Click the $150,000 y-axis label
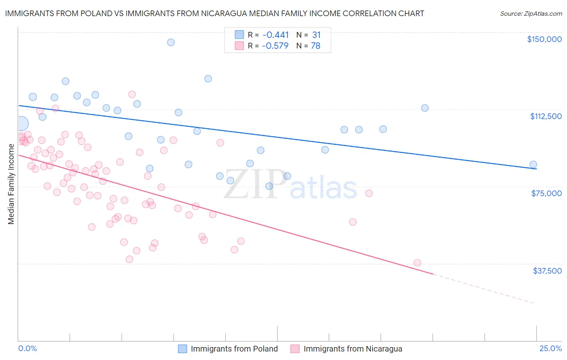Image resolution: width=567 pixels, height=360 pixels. (544, 39)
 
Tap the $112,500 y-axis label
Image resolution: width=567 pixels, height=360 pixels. (546, 116)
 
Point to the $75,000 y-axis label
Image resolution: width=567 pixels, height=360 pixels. (546, 193)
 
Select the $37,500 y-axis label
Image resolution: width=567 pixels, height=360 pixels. (547, 271)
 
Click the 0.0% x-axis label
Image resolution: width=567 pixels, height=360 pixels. (27, 348)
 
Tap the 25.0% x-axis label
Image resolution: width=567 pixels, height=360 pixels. (550, 348)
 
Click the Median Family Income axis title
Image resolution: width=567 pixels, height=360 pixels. (11, 184)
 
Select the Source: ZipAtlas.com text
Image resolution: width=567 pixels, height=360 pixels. (531, 14)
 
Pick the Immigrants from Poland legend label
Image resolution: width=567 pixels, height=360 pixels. (234, 349)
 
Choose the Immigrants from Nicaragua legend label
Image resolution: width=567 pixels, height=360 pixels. (352, 349)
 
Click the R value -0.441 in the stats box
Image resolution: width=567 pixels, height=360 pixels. (275, 35)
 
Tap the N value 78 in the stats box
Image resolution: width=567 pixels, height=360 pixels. (315, 46)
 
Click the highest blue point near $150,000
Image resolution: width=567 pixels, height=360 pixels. (171, 42)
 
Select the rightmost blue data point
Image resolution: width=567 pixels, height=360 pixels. (533, 164)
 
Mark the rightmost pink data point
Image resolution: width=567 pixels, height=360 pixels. (417, 263)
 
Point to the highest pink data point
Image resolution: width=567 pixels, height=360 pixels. (132, 94)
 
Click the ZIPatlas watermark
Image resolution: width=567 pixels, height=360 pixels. (290, 184)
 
